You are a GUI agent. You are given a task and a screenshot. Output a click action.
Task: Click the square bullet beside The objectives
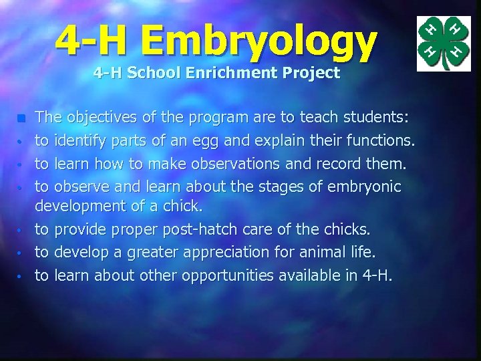pyautogui.click(x=21, y=119)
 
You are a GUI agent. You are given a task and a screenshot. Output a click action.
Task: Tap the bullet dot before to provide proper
pyautogui.click(x=21, y=231)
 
